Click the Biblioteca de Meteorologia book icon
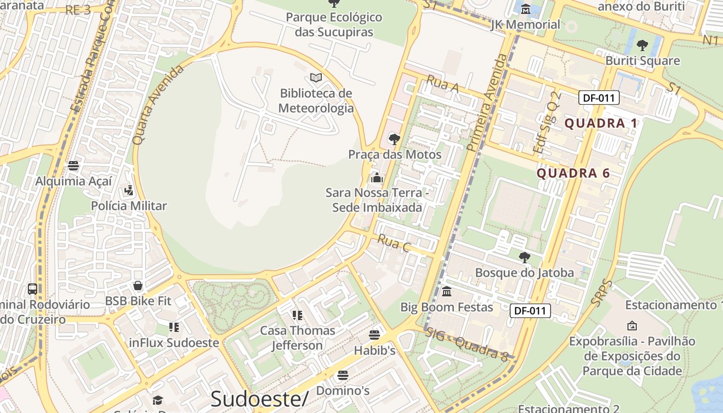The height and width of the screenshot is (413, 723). [x=316, y=77]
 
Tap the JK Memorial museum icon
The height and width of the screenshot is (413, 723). [x=526, y=9]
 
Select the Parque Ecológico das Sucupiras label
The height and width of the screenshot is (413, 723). [x=334, y=24]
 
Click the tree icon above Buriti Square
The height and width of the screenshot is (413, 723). [x=642, y=45]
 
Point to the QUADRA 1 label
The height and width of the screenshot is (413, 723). [x=601, y=123]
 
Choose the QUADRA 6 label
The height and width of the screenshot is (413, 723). [x=573, y=173]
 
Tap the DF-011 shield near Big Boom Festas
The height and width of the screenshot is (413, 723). [x=530, y=311]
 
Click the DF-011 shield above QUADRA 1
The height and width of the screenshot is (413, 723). [x=599, y=98]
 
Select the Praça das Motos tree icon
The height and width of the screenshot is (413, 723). [x=395, y=139]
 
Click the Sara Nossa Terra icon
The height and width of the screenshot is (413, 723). [x=376, y=178]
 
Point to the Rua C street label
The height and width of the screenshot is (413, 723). [x=394, y=243]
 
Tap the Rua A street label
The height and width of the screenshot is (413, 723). [x=443, y=85]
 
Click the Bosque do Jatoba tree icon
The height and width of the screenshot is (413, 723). [x=524, y=257]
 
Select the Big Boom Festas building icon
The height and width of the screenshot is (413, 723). [x=447, y=292]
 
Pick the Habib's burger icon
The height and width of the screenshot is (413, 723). [x=374, y=335]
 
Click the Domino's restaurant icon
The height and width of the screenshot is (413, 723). [x=342, y=375]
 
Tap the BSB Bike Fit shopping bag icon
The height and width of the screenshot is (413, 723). [x=138, y=285]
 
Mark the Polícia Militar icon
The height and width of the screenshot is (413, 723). [x=129, y=190]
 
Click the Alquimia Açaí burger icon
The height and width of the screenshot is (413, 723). [x=73, y=166]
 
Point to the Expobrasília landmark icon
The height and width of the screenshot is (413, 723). [x=632, y=326]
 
